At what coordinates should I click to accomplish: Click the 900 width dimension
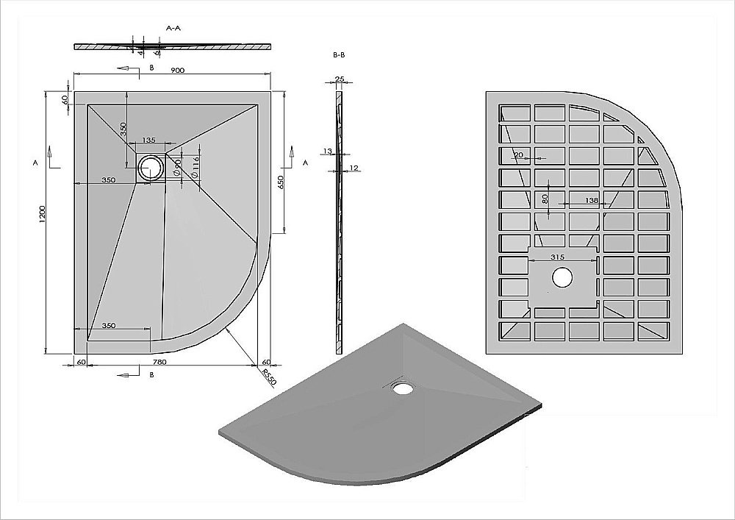pos(176,70)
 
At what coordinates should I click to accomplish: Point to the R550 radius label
pos(269,378)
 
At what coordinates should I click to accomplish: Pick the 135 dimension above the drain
pos(148,140)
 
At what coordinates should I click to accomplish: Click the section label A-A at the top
pos(173,28)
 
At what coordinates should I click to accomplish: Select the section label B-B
pos(339,55)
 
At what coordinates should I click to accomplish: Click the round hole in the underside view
pos(562,277)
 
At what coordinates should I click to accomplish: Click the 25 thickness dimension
pos(339,79)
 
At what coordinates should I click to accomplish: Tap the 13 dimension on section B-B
pos(326,152)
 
